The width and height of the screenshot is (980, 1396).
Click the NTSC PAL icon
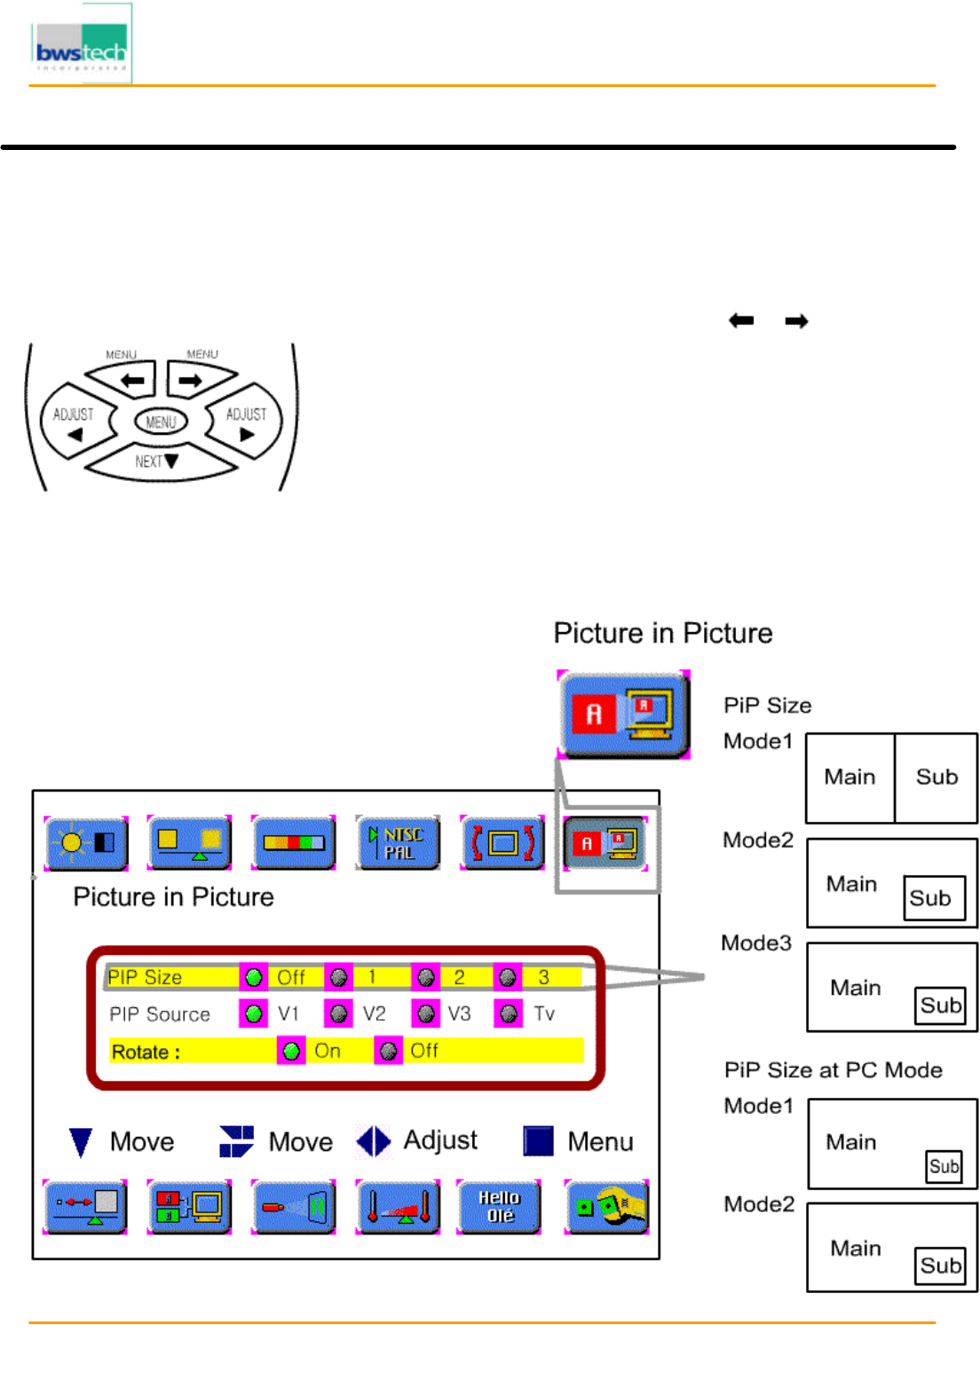(x=398, y=843)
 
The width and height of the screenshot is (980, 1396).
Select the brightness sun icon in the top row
(x=86, y=843)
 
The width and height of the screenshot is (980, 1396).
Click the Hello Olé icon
(x=499, y=1207)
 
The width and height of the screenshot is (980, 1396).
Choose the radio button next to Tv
(x=508, y=1013)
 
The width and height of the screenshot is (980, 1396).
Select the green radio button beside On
(x=291, y=1052)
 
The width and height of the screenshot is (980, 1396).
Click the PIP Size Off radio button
(x=253, y=977)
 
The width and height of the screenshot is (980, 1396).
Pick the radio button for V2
(x=338, y=1013)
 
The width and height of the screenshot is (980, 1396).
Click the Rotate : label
(x=146, y=1053)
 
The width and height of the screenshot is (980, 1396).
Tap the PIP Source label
(x=160, y=1014)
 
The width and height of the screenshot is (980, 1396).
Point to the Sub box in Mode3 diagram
(x=940, y=1006)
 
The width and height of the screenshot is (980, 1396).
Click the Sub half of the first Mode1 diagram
(x=936, y=777)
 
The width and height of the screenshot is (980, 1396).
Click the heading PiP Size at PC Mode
(x=833, y=1070)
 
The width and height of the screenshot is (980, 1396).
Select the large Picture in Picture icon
(x=623, y=714)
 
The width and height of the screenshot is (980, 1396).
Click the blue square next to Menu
(x=538, y=1141)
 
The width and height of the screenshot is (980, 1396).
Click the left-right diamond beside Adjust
(x=374, y=1141)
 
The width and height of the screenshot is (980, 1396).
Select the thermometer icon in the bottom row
(x=398, y=1207)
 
